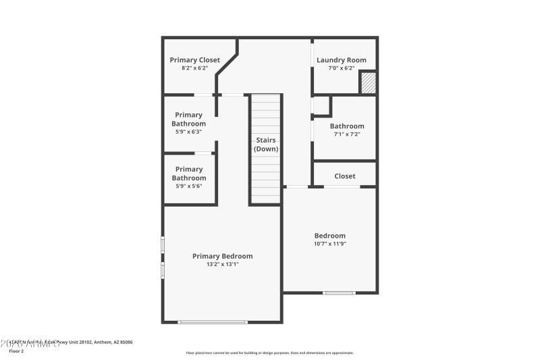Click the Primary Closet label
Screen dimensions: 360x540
click(194, 60)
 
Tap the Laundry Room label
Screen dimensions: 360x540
click(342, 60)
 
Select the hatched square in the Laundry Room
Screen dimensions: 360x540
click(367, 83)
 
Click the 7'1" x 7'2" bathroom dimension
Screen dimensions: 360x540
click(346, 134)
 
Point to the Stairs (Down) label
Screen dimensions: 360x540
click(266, 145)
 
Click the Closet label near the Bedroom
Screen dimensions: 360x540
click(344, 176)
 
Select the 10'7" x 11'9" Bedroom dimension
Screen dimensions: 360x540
click(329, 244)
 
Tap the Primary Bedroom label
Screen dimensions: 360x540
click(222, 256)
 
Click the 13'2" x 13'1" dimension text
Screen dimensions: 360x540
click(222, 264)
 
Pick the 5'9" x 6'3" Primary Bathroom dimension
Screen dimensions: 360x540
click(188, 132)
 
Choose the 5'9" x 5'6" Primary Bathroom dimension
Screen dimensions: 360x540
click(188, 186)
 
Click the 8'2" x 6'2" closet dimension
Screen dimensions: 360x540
click(194, 68)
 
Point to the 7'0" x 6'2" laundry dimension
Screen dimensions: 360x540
click(341, 68)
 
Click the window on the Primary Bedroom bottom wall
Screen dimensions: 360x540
click(213, 322)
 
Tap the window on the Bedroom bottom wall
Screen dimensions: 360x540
click(338, 292)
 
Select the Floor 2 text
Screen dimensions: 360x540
click(16, 351)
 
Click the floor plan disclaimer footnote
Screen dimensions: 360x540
click(269, 353)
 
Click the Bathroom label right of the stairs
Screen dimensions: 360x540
click(347, 126)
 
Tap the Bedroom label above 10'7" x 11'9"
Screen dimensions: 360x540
click(329, 236)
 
